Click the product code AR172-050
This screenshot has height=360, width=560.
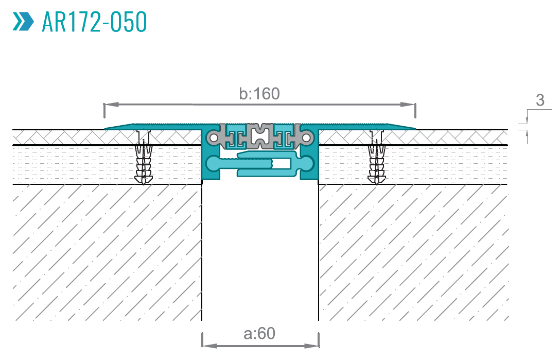pyautogui.click(x=95, y=21)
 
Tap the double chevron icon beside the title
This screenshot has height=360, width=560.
pyautogui.click(x=22, y=21)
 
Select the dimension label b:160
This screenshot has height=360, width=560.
pyautogui.click(x=259, y=94)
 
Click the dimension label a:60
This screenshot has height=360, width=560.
pyautogui.click(x=259, y=334)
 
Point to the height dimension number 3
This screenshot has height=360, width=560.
pyautogui.click(x=539, y=100)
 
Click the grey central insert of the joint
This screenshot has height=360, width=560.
pyautogui.click(x=260, y=136)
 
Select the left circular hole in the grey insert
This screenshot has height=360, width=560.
pyautogui.click(x=213, y=138)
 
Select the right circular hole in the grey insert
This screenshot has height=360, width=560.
pyautogui.click(x=307, y=138)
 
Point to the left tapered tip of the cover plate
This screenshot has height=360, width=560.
pyautogui.click(x=107, y=128)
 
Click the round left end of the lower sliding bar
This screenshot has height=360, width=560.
pyautogui.click(x=213, y=164)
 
